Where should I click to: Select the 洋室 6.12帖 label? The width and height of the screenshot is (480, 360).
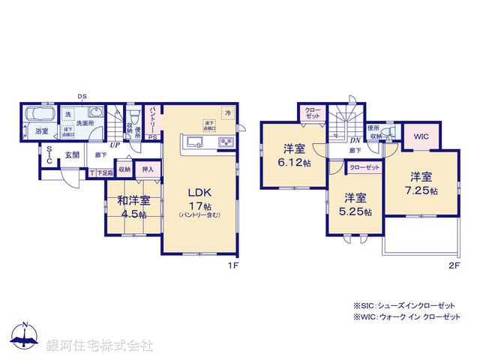pyautogui.click(x=293, y=154)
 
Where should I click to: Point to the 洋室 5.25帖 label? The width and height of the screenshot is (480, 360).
pyautogui.click(x=354, y=205)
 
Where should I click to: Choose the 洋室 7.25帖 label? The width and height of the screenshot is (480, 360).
pyautogui.click(x=420, y=184)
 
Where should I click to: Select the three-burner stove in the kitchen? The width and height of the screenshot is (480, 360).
pyautogui.click(x=226, y=142)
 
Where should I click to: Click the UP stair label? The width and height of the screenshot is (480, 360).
pyautogui.click(x=115, y=145)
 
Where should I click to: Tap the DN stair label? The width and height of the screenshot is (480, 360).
pyautogui.click(x=355, y=140)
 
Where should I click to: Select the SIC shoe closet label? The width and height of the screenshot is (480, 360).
pyautogui.click(x=49, y=155)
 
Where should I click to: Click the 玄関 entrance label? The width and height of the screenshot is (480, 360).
pyautogui.click(x=71, y=155)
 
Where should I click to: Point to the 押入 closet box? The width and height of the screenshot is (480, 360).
pyautogui.click(x=148, y=170)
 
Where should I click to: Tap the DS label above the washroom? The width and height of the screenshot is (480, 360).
pyautogui.click(x=82, y=96)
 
